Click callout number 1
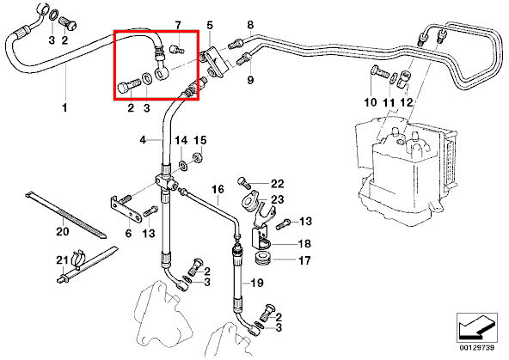(x=65, y=107)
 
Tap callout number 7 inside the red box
(x=178, y=25)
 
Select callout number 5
(x=210, y=25)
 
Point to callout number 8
(x=250, y=25)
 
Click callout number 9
(x=250, y=80)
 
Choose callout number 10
(x=371, y=102)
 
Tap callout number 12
(x=406, y=103)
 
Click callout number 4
(x=143, y=140)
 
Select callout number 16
(x=218, y=189)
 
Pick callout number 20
(x=63, y=232)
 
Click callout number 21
(x=62, y=260)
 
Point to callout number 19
(x=257, y=284)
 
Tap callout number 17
(x=304, y=260)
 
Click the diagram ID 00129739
(x=476, y=348)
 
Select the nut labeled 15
(x=198, y=157)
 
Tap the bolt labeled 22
(x=244, y=182)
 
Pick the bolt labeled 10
(x=380, y=71)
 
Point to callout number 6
(x=129, y=233)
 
